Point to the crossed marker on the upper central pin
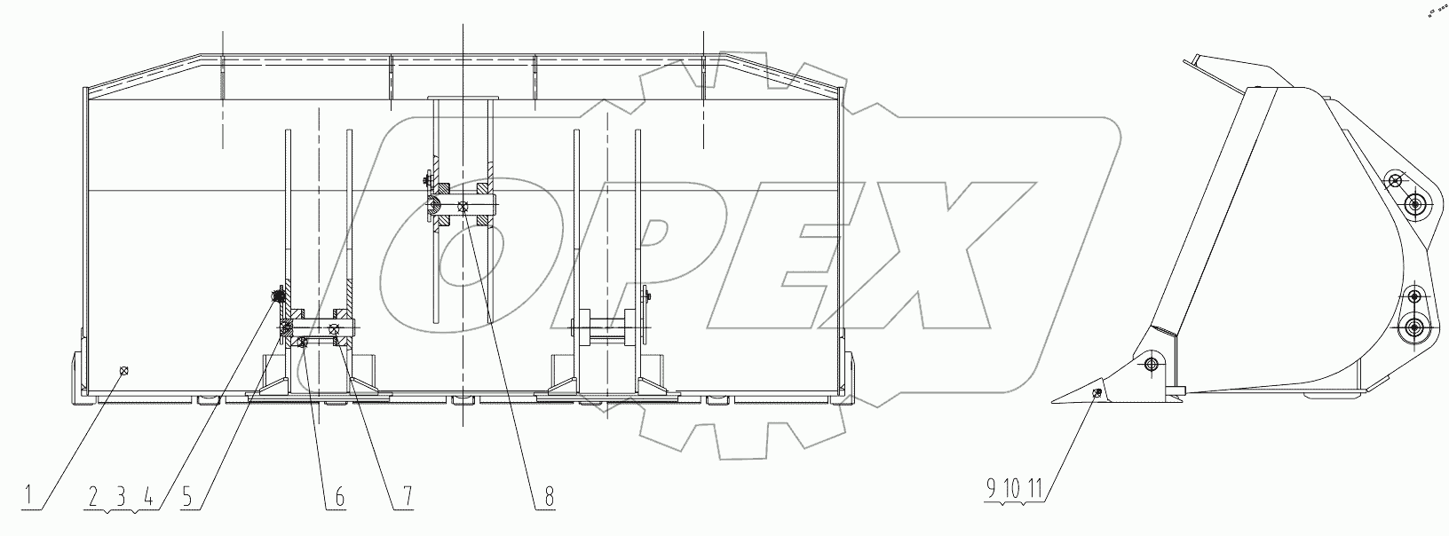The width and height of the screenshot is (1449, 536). [x=463, y=206]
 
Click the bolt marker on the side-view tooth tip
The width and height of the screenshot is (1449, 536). [x=1099, y=394]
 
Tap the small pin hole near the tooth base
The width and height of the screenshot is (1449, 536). [x=1152, y=365]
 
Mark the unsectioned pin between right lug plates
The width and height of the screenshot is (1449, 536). [x=607, y=327]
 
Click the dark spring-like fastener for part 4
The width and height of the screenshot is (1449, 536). [x=278, y=296]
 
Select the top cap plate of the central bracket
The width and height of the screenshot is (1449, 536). [x=463, y=99]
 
